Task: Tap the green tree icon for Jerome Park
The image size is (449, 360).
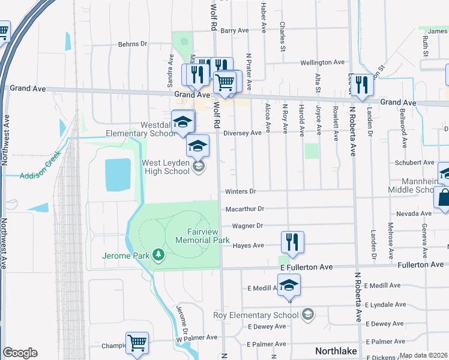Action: tap(158, 256)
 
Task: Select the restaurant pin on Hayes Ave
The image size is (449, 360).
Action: tap(292, 242)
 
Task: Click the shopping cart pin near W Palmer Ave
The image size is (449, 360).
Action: tap(137, 343)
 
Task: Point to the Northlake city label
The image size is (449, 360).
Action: tap(336, 351)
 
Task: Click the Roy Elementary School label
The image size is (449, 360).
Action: tap(256, 315)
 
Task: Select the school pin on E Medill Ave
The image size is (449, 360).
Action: tap(289, 285)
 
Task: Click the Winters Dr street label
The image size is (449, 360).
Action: tap(241, 192)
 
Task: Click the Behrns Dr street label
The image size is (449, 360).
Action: tap(132, 44)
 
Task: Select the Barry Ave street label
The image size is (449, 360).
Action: tap(235, 30)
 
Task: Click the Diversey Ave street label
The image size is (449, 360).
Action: tap(243, 133)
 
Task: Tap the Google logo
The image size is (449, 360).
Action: tap(20, 353)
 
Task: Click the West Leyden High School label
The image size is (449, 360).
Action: tap(165, 167)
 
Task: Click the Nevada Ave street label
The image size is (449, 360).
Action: tap(414, 214)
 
